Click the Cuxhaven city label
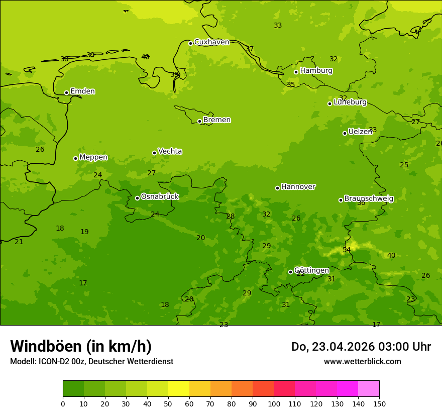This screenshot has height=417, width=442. click(211, 42)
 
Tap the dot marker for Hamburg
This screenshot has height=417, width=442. click(296, 72)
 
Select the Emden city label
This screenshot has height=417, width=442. click(82, 91)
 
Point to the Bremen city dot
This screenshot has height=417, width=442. click(199, 121)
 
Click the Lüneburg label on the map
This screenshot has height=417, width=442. click(350, 102)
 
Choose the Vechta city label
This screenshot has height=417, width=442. click(170, 151)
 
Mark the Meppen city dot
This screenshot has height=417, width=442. click(75, 158)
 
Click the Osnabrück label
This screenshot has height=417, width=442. click(160, 196)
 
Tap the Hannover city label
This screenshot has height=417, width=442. click(298, 187)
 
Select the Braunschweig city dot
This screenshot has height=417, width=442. click(341, 200)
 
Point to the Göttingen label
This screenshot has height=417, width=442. click(311, 270)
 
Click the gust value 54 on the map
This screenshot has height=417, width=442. click(347, 250)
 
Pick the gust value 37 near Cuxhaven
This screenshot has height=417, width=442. click(250, 49)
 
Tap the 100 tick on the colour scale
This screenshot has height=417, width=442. click(274, 403)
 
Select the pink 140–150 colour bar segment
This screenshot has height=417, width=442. click(369, 389)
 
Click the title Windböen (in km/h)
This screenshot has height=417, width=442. click(81, 346)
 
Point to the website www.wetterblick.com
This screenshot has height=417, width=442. click(362, 362)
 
